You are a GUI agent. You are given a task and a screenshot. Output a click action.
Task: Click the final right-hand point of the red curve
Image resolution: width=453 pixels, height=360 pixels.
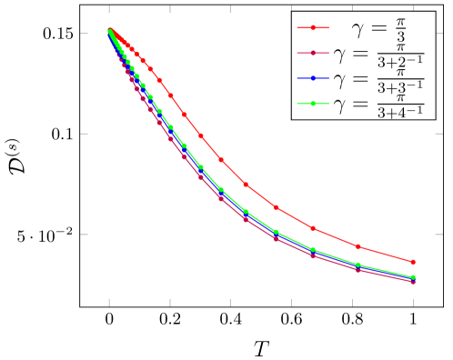pyautogui.click(x=413, y=262)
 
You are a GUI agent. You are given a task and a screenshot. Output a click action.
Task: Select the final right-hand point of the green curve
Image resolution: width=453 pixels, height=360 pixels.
pyautogui.click(x=413, y=276)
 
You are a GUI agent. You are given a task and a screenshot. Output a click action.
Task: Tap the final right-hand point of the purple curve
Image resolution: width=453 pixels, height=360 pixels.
pyautogui.click(x=413, y=281)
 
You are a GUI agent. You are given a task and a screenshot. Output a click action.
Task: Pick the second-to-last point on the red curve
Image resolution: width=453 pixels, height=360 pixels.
pyautogui.click(x=357, y=246)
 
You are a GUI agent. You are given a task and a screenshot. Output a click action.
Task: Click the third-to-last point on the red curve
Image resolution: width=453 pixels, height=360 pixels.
pyautogui.click(x=312, y=228)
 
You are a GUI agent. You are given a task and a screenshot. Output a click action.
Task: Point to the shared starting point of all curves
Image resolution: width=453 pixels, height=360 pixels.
pyautogui.click(x=109, y=31)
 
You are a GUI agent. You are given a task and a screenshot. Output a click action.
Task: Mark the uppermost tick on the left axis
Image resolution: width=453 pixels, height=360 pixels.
pyautogui.click(x=83, y=33)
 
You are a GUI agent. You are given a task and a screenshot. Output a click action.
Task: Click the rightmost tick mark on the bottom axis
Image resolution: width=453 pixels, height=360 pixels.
pyautogui.click(x=413, y=299)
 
